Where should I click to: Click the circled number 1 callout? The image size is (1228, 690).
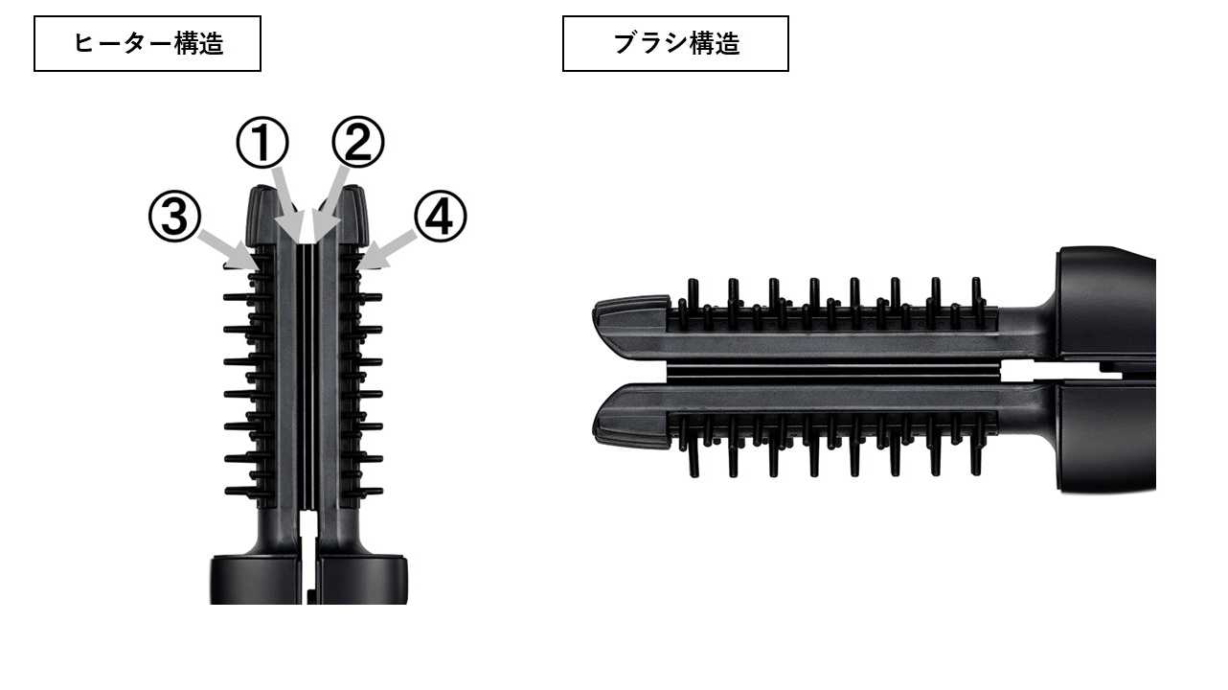click(262, 143)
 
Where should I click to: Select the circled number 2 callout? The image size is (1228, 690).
click(358, 142)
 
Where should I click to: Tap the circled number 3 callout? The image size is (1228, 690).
click(175, 217)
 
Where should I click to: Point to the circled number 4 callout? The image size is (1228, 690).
click(440, 217)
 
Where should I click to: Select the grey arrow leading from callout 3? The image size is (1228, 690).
click(228, 249)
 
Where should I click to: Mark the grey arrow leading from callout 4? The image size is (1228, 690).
click(386, 249)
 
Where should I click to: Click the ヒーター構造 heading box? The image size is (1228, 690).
click(148, 43)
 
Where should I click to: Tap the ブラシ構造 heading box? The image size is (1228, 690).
click(675, 43)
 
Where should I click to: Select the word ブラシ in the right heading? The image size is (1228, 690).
click(650, 43)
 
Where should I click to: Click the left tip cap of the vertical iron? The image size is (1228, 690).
click(262, 216)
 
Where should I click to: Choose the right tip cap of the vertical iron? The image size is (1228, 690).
click(352, 216)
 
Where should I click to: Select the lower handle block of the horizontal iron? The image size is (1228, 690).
click(1106, 436)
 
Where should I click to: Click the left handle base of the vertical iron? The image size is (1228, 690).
click(256, 580)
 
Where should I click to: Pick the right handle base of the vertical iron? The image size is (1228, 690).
click(362, 580)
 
